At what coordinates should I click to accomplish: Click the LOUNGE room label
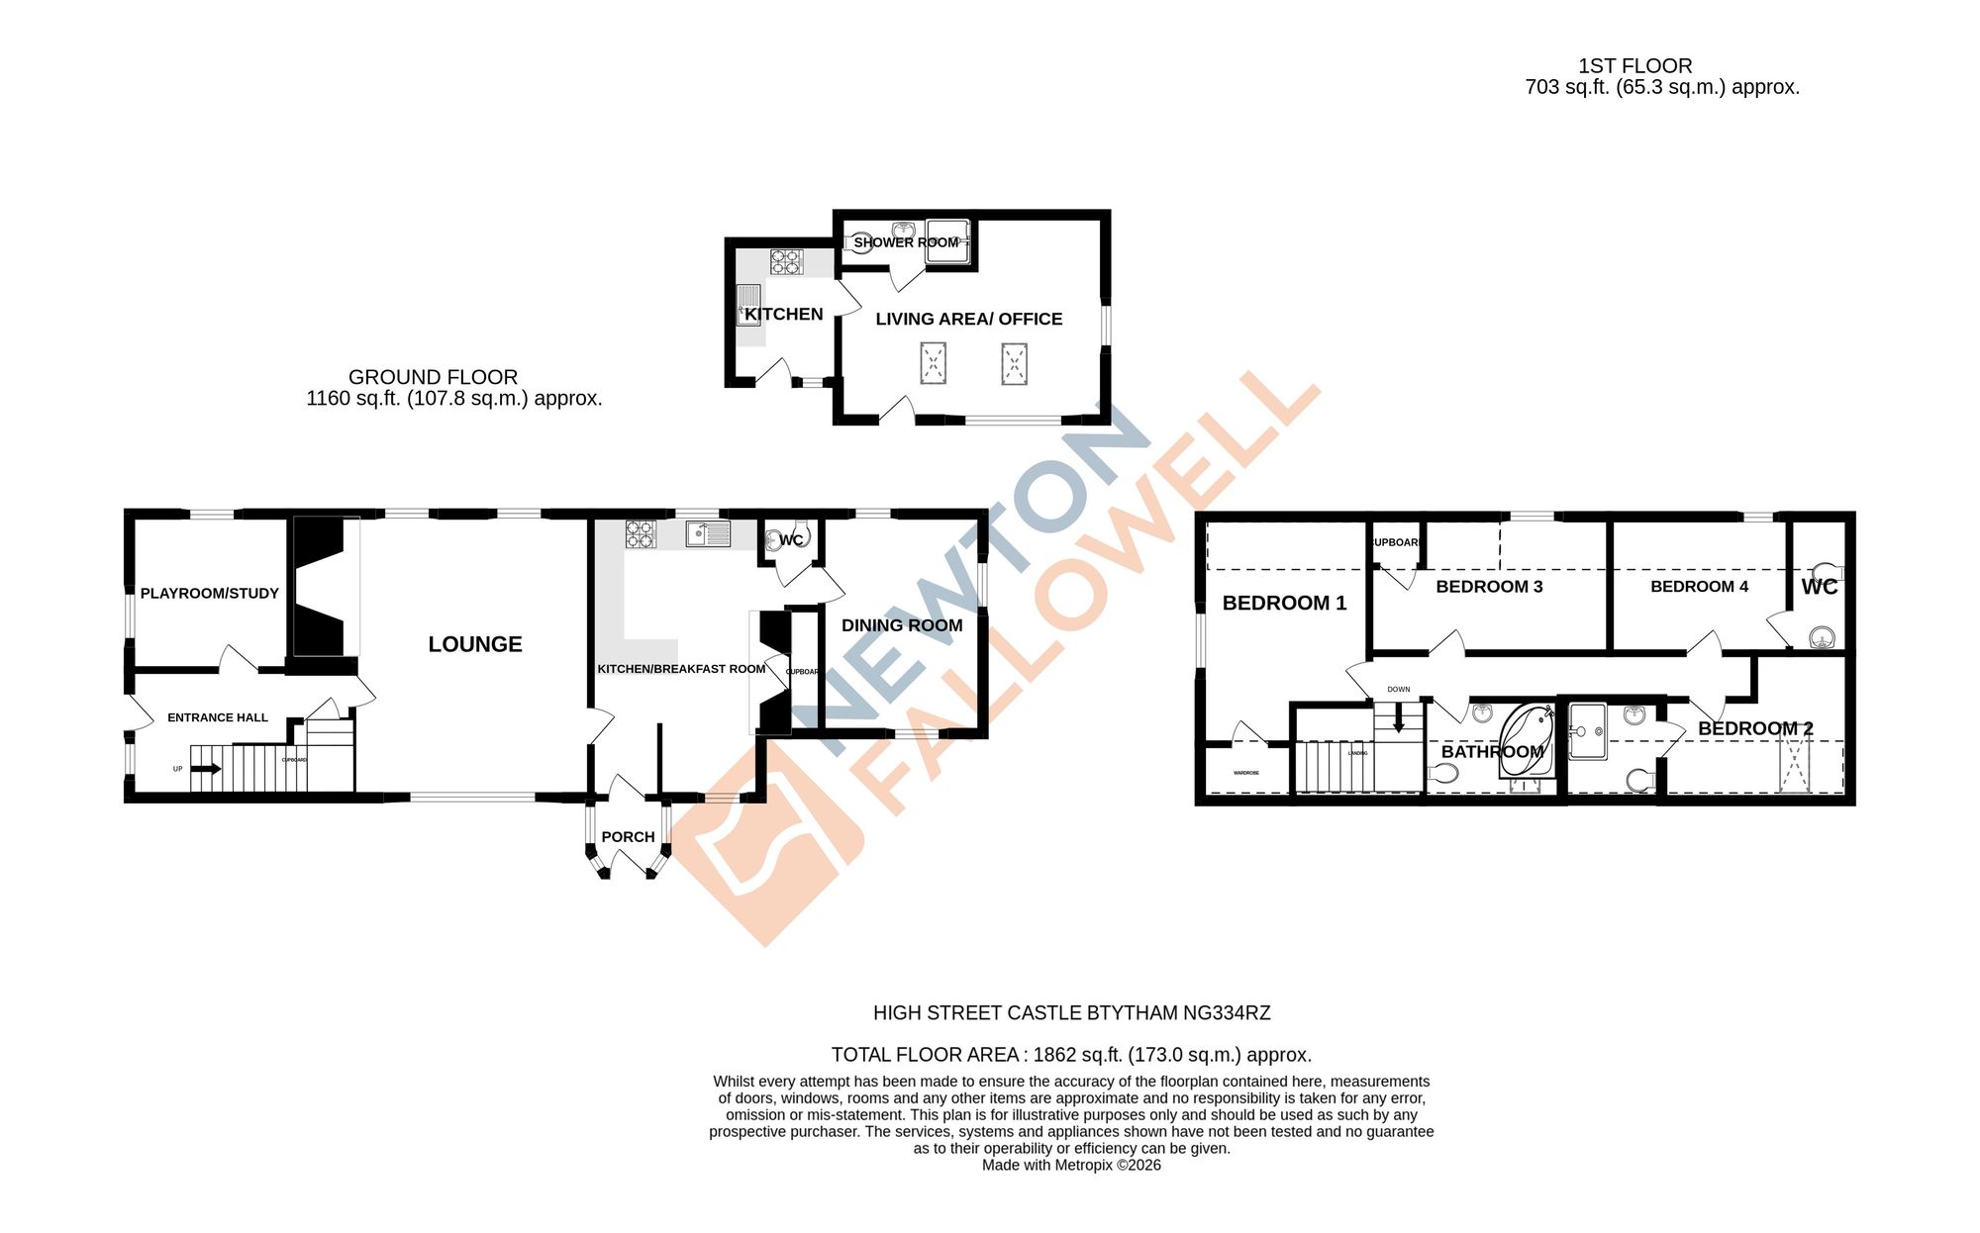[474, 644]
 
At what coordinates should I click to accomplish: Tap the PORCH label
[628, 837]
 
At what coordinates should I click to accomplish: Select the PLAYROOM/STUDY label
[209, 594]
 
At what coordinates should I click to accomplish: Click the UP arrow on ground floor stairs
[206, 768]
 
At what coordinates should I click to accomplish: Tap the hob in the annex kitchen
[786, 261]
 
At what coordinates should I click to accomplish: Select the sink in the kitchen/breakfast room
[709, 534]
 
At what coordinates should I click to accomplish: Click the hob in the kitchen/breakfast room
[641, 534]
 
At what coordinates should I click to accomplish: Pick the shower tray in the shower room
[945, 242]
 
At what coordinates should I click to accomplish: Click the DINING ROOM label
[901, 625]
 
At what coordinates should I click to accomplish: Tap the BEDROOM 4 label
[1699, 587]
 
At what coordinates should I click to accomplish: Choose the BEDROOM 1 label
[1284, 604]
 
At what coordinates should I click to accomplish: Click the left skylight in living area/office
[933, 363]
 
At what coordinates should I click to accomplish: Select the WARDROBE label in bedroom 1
[1245, 773]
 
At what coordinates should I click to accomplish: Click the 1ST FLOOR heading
[1634, 66]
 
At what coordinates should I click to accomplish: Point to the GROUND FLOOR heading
[433, 377]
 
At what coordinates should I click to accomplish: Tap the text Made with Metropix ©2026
[1071, 1166]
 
